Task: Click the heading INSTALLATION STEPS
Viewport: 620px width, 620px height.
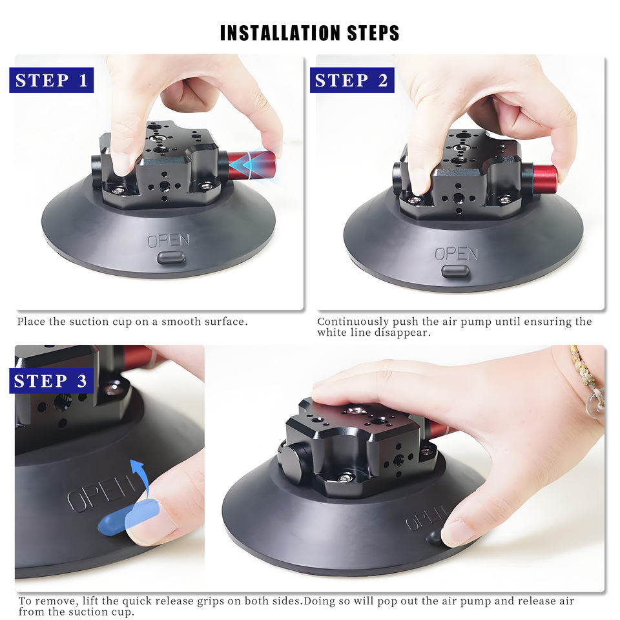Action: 309,33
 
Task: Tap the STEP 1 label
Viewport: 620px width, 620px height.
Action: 52,80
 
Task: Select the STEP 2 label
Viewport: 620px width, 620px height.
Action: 352,80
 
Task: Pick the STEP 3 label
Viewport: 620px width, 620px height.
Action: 52,381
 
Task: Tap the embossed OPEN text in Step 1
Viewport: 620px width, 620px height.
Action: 169,240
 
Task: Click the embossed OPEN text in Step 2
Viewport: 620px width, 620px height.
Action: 457,254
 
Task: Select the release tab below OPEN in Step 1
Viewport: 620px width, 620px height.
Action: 170,258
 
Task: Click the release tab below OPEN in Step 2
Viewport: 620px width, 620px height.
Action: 455,271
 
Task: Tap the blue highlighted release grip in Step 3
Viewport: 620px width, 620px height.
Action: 129,517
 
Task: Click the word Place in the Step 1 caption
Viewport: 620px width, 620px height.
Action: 31,322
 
